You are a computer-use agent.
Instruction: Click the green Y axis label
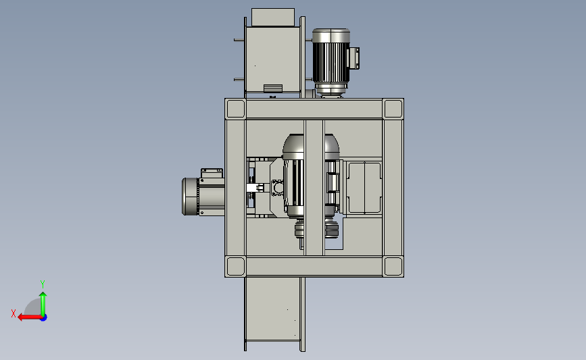[x=43, y=284]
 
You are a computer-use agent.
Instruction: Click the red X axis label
[x=14, y=313]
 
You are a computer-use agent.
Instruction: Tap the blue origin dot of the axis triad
[x=44, y=318]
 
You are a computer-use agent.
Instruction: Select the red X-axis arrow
[x=30, y=317]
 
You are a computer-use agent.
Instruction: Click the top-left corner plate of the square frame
[x=235, y=109]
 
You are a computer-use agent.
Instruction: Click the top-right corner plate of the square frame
[x=393, y=109]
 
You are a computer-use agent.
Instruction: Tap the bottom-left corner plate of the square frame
[x=235, y=267]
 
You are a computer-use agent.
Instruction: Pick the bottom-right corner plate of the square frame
[x=393, y=267]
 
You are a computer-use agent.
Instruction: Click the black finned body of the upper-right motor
[x=331, y=62]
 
